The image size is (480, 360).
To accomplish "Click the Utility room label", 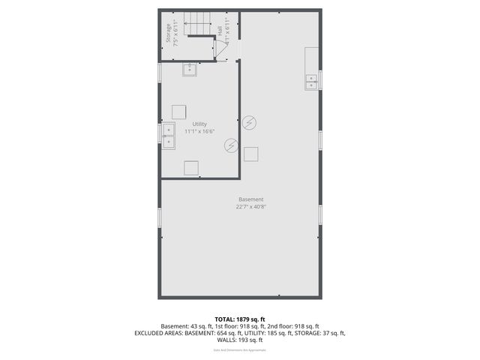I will [x=199, y=124].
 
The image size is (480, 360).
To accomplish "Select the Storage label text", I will [x=168, y=35].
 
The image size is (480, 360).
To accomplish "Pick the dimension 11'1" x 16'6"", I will [x=199, y=132].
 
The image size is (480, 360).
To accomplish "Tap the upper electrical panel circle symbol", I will [x=250, y=122].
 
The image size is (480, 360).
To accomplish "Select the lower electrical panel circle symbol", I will [x=231, y=145].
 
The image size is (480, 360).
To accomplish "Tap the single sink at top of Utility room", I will [x=190, y=69].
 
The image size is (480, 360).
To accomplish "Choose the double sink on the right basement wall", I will [x=311, y=82].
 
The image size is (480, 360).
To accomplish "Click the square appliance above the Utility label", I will [x=179, y=111].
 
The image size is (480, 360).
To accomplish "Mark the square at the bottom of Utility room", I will [x=191, y=168].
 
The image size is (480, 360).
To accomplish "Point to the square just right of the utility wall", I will [x=251, y=154].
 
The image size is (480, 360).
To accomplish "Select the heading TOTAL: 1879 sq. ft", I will [x=240, y=318].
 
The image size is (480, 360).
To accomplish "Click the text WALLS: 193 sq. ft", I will [x=240, y=340].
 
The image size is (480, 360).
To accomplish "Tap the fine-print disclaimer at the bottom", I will [x=240, y=349].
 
